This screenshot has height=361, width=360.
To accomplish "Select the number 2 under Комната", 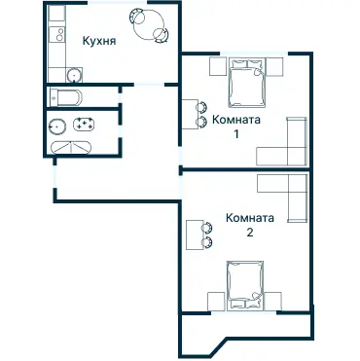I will pos(250,233).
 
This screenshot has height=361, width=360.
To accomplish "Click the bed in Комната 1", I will pos(247,86).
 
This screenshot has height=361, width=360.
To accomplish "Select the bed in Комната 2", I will pos(244,281).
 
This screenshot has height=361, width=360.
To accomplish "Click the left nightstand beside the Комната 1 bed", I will pos(218,66).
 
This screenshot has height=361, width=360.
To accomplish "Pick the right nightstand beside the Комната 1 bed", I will pos(275,66).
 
